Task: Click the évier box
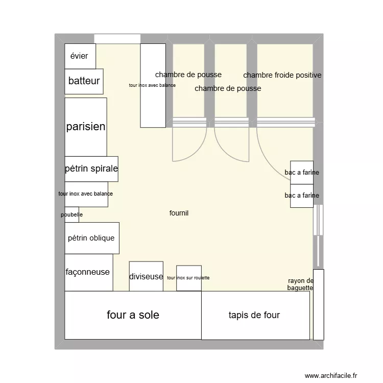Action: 80,56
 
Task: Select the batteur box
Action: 84,81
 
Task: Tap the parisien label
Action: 86,127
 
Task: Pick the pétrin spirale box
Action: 91,169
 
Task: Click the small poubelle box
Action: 71,214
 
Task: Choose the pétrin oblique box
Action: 92,238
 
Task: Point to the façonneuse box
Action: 88,272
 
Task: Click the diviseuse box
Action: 146,276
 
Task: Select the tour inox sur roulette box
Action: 188,278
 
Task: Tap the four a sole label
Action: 133,315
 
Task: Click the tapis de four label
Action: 254,315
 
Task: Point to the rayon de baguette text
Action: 301,284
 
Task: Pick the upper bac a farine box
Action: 302,173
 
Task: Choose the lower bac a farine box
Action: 302,196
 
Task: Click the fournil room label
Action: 179,213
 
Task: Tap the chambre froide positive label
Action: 282,76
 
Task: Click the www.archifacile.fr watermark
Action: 332,376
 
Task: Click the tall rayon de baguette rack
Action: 318,304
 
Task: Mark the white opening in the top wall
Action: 117,39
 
